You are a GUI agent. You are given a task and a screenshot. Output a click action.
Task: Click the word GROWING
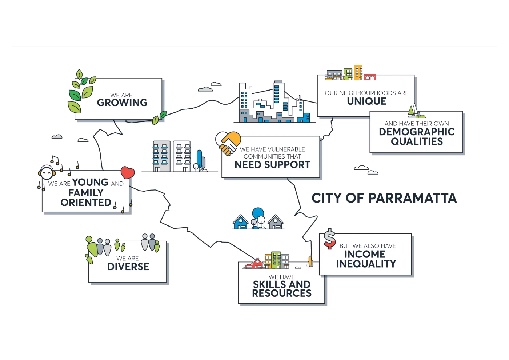122,103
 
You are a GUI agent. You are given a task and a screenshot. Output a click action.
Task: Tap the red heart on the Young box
127,172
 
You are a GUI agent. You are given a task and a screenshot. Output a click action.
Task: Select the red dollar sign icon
329,239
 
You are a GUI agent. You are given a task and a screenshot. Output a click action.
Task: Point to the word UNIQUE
366,101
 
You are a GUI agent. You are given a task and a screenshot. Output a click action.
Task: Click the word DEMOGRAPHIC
417,132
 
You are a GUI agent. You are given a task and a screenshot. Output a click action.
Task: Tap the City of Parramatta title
384,198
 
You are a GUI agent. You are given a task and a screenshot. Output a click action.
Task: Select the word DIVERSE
128,267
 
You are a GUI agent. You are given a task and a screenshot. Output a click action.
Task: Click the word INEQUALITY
366,264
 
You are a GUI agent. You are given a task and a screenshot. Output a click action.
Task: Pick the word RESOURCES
282,293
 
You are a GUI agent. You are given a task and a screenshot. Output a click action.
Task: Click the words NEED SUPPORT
272,165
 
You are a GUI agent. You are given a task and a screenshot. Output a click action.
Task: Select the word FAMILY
86,193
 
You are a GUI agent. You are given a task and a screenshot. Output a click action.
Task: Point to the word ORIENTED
86,203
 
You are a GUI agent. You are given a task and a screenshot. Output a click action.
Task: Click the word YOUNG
90,182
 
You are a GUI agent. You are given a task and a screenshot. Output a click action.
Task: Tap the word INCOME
365,254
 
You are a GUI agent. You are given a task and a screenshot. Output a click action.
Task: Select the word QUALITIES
417,141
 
